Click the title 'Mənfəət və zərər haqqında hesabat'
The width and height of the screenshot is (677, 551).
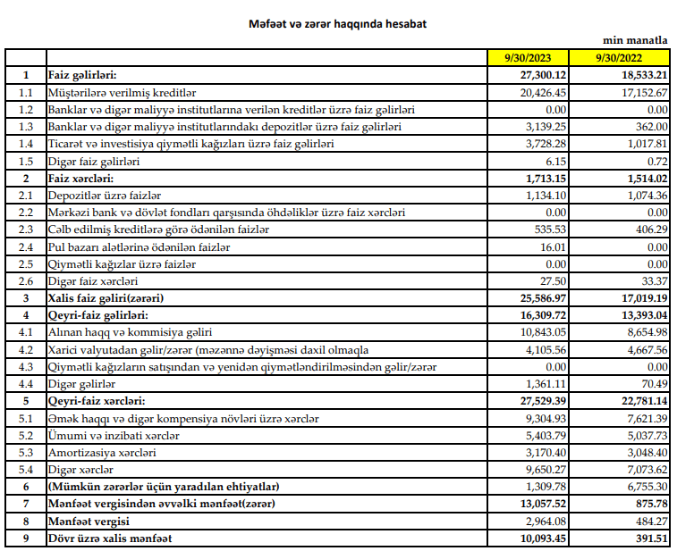(x=337, y=23)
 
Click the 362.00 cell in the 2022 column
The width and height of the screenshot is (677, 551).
(x=650, y=127)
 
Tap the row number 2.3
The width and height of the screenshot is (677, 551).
(x=26, y=229)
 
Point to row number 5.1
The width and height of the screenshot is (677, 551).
(x=26, y=418)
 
